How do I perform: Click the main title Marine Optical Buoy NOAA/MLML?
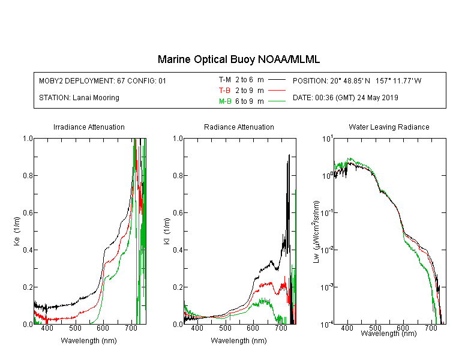coord(238,59)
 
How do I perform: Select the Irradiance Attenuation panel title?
coord(89,127)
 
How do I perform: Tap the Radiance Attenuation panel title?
coord(239,127)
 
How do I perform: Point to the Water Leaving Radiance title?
coord(389,127)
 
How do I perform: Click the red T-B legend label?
coord(224,91)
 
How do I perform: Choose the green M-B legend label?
coord(225,101)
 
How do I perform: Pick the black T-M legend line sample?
coord(277,80)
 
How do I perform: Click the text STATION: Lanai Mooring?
coord(79,98)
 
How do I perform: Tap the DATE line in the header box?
coord(346,98)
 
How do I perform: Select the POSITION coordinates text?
coord(357,80)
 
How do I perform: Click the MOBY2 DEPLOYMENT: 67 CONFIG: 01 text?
coord(103,80)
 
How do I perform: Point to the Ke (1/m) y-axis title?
coord(17,232)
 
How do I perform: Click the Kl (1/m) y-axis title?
coord(167,232)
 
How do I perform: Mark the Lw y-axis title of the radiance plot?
coord(316,232)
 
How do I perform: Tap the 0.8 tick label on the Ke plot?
coord(28,175)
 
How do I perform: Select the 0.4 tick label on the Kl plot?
coord(178,250)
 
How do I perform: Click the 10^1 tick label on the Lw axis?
coord(328,139)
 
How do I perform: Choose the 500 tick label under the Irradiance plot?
coord(75,328)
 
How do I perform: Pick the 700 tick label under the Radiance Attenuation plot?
coord(281,328)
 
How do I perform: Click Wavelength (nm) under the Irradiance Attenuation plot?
coord(89,341)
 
